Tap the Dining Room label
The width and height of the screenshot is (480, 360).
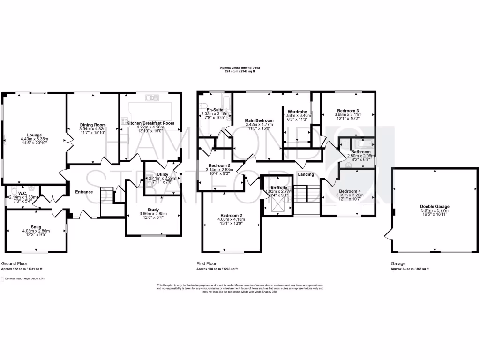(x=93, y=125)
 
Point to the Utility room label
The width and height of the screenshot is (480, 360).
(x=163, y=174)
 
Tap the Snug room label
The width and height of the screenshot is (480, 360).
(x=36, y=226)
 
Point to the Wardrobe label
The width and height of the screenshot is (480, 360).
(x=297, y=112)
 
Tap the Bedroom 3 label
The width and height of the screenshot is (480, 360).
(x=347, y=110)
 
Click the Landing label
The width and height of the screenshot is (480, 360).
(x=306, y=174)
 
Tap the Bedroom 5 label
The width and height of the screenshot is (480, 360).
(x=220, y=166)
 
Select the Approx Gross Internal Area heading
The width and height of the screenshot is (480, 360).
(x=240, y=68)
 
